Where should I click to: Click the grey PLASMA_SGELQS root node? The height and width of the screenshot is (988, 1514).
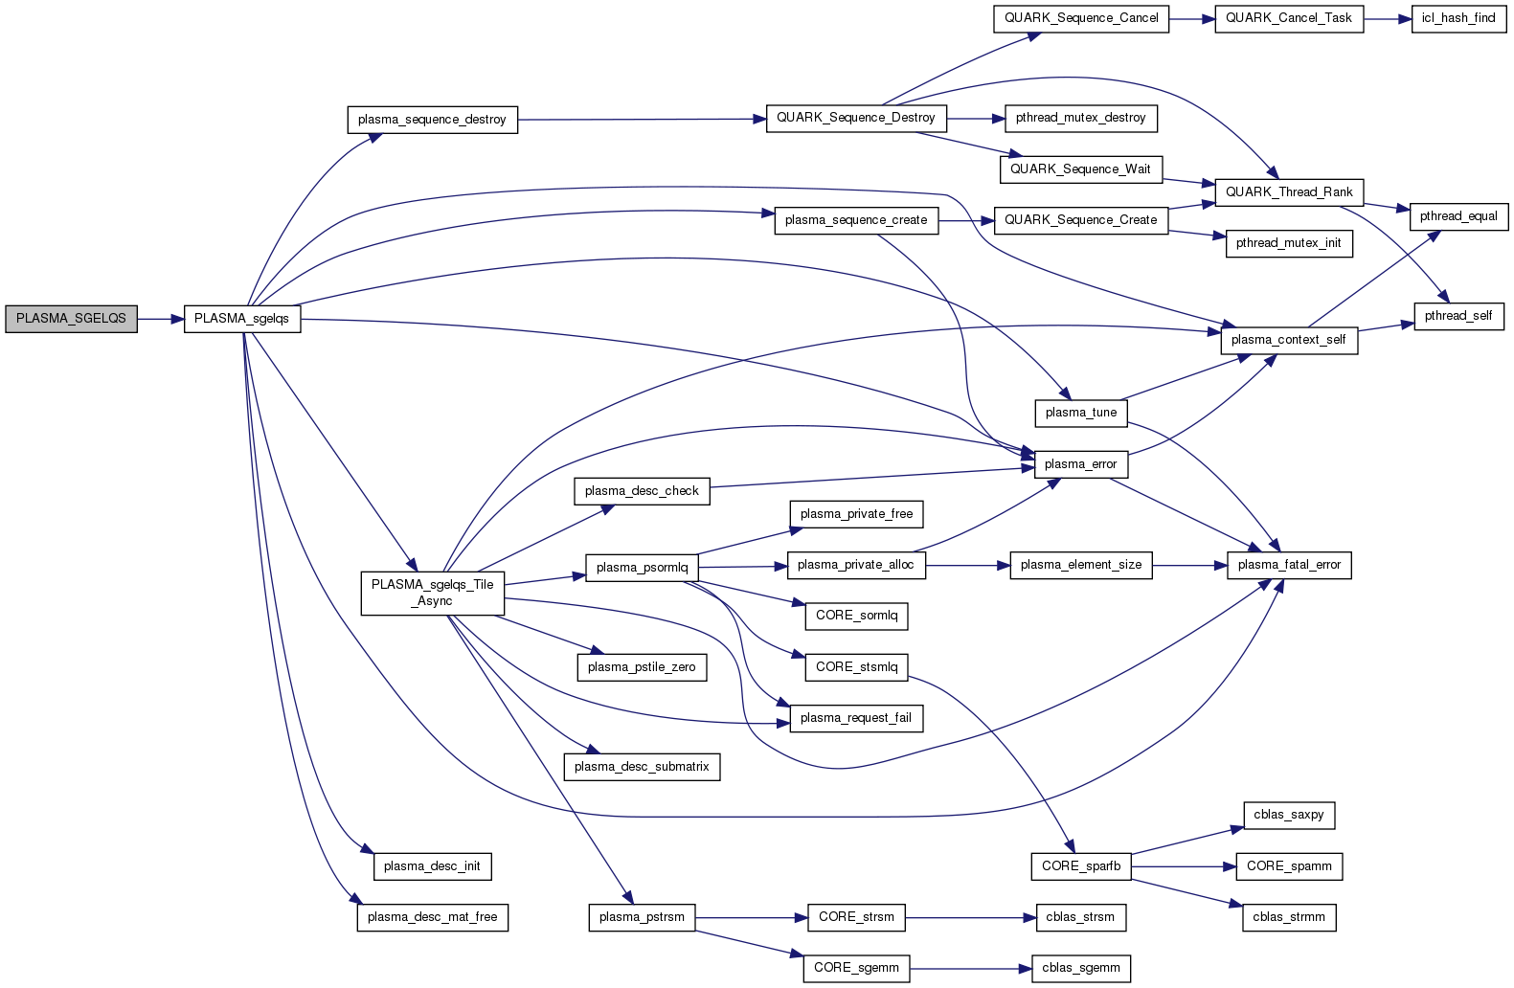click(x=71, y=319)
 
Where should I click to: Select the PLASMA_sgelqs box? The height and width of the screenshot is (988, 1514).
click(x=241, y=319)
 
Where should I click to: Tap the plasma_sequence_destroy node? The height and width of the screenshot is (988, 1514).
click(x=432, y=120)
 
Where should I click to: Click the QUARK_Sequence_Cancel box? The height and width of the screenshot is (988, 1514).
click(x=1081, y=18)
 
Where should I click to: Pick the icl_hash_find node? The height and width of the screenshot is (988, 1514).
click(x=1458, y=18)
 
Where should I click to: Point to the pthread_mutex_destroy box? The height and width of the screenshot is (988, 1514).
click(x=1080, y=118)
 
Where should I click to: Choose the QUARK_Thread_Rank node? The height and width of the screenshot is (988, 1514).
click(x=1289, y=192)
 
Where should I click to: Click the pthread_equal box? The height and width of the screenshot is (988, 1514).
click(x=1458, y=216)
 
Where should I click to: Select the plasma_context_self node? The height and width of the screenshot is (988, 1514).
click(x=1289, y=340)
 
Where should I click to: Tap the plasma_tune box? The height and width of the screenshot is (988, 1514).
click(x=1081, y=413)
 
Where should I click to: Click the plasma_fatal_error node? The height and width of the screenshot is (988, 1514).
click(x=1289, y=565)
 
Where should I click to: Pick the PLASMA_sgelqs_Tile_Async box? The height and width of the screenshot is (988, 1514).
click(x=433, y=593)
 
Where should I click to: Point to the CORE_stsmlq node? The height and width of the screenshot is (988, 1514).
click(x=857, y=667)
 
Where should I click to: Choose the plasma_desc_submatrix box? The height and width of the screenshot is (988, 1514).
click(x=642, y=767)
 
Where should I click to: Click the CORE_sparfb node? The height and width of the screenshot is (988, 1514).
click(x=1081, y=866)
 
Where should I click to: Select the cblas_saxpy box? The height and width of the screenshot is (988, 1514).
click(x=1289, y=815)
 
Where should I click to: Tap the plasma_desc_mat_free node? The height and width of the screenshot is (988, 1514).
click(x=433, y=917)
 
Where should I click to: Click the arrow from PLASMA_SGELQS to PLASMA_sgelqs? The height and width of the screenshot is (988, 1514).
click(x=161, y=319)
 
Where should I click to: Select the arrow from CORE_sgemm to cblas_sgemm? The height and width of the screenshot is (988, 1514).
click(x=970, y=969)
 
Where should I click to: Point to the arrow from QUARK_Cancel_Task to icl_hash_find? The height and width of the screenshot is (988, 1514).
click(x=1387, y=18)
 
